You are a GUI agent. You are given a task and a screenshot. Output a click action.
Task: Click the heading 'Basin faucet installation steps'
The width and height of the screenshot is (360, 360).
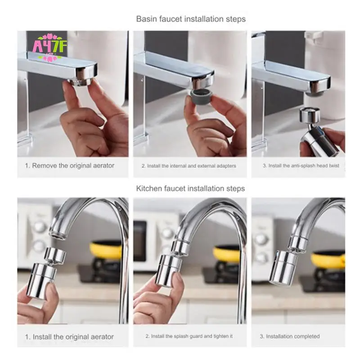[x=191, y=19]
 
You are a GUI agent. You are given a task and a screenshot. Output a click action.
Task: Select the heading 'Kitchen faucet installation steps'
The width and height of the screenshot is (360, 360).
[x=191, y=188]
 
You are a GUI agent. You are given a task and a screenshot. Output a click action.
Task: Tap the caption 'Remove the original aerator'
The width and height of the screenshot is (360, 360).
[x=69, y=166]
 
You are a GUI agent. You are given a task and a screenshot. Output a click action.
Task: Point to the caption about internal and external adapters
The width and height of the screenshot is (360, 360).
[x=189, y=166]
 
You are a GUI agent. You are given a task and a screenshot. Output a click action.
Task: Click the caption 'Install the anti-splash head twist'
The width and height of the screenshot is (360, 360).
[x=301, y=166]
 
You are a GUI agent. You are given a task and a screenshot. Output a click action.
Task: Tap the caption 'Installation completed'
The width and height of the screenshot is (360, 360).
[x=290, y=336]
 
